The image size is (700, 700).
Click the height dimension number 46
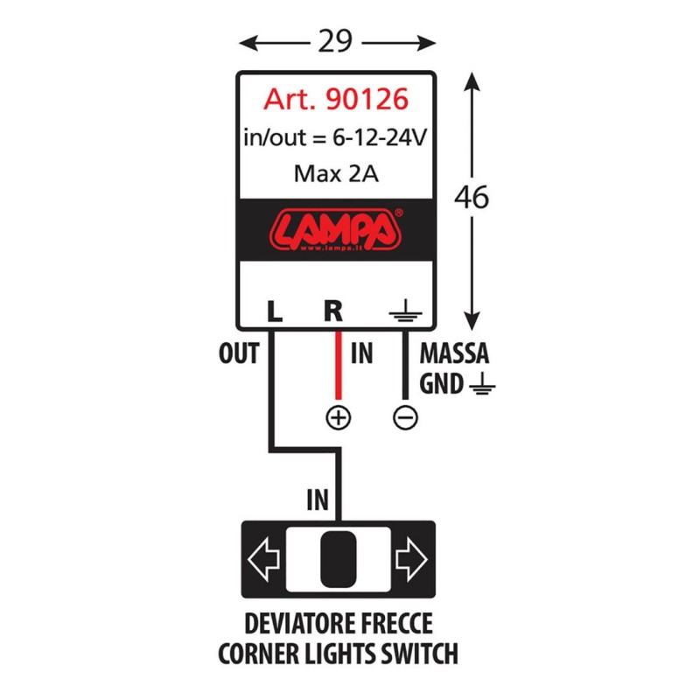point(472,198)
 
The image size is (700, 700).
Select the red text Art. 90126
point(336,100)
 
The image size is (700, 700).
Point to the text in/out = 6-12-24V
point(336,137)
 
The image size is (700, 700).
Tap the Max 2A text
point(336,173)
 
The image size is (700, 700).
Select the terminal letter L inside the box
point(274,310)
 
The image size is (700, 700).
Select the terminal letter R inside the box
point(333,310)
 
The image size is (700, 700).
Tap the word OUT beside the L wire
point(238,354)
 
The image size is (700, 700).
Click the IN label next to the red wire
point(361,354)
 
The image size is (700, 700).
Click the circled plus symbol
point(338,418)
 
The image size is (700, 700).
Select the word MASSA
point(454,355)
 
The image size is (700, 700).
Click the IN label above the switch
point(317,500)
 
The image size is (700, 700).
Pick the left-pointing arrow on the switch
point(263,560)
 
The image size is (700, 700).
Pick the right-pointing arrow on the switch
point(409,560)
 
